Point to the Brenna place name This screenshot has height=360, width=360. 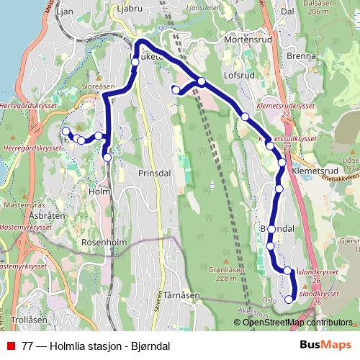301,55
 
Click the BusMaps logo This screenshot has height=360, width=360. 325,344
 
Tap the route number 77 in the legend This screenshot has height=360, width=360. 27,345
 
